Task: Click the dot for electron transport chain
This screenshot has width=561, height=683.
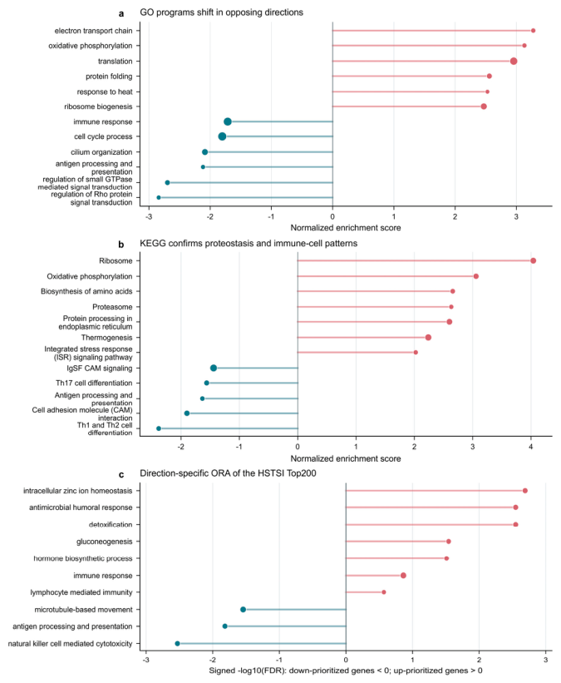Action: pos(533,31)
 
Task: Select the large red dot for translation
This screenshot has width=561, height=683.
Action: pos(514,61)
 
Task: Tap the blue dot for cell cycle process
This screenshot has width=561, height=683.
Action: pos(222,136)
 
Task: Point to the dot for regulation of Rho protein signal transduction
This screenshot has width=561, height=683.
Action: pos(159,198)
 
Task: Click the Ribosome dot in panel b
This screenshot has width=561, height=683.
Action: pos(533,260)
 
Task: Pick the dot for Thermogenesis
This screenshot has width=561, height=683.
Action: pos(428,338)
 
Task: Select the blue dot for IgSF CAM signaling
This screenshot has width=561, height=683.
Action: pos(214,368)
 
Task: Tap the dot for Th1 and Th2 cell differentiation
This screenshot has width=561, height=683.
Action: pos(159,428)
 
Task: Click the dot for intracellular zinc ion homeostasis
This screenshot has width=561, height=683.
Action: pos(525,491)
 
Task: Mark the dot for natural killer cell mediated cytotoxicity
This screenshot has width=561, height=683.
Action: pos(177,643)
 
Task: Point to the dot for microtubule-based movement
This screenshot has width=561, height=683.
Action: pos(243,610)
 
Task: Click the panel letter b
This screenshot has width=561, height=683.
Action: pos(121,245)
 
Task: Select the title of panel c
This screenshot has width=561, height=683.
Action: pos(228,473)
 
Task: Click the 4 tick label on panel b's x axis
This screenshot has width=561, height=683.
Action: pos(531,447)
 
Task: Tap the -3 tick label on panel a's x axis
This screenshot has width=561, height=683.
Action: pos(149,216)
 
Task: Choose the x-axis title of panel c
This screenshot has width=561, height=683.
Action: pos(346,671)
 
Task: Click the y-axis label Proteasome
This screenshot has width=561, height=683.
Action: pos(112,307)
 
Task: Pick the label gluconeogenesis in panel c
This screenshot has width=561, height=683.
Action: pos(105,542)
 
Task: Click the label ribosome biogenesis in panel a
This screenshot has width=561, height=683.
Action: pos(98,106)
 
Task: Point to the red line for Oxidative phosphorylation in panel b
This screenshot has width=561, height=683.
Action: pos(386,276)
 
